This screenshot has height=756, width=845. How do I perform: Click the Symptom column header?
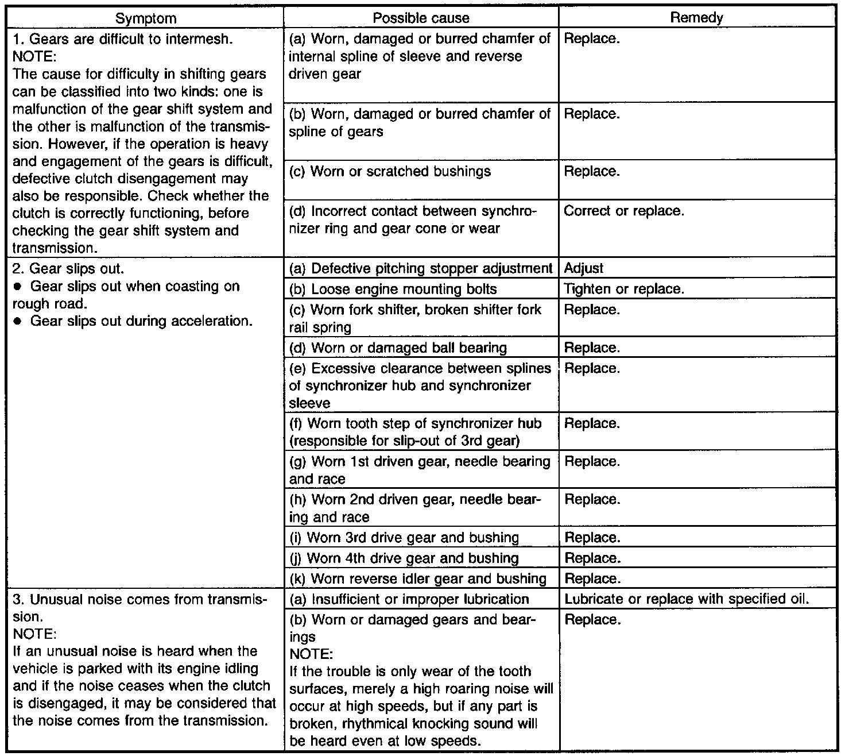[146, 18]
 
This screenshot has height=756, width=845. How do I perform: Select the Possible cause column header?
[421, 18]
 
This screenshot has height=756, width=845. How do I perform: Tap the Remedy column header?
[696, 18]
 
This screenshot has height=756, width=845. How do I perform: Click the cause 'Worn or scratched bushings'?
[390, 172]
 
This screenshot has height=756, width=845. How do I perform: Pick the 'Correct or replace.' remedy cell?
[624, 211]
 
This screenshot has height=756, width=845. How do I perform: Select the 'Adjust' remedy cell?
[584, 268]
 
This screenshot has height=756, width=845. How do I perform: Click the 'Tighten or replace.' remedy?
[624, 289]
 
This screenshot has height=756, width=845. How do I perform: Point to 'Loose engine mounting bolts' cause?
[393, 289]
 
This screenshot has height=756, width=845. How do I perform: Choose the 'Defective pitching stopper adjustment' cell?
[421, 268]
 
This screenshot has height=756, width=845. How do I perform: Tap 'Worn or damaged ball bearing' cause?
[398, 348]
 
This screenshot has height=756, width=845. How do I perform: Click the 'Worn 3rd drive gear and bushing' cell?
[404, 538]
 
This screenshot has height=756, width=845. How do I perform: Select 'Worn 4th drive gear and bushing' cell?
[404, 558]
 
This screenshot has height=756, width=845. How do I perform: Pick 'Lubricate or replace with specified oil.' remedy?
[687, 599]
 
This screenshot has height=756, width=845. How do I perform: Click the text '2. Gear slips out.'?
[68, 269]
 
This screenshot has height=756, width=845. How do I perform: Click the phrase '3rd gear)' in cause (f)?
[495, 441]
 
